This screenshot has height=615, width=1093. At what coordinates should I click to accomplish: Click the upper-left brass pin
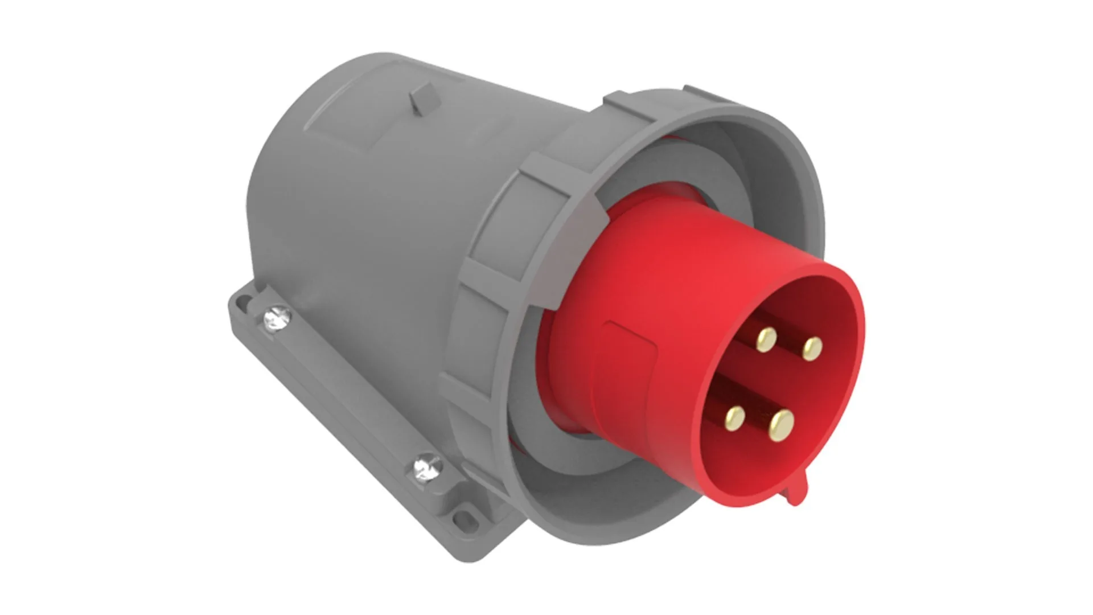[x=766, y=339]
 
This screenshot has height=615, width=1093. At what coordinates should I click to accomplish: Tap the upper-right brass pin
[x=812, y=348]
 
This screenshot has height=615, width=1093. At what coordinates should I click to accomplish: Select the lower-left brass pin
[x=734, y=417]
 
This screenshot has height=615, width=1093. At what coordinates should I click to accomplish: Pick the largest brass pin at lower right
[x=780, y=425]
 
